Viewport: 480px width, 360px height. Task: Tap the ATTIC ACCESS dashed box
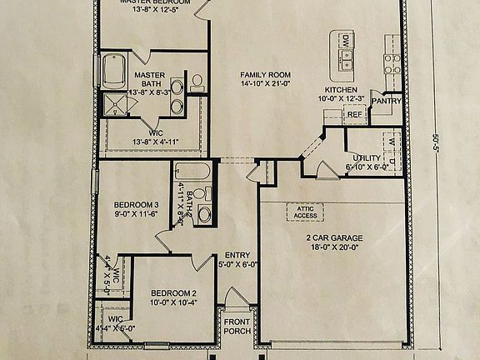[x=305, y=212]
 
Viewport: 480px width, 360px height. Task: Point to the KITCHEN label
[x=342, y=89]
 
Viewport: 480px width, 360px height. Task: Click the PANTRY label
[x=387, y=102]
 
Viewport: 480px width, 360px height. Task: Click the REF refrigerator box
[x=355, y=114]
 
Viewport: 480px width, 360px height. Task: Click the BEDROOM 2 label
[x=173, y=293]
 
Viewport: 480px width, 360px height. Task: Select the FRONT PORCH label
[x=236, y=327]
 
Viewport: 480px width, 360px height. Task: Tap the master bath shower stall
[x=112, y=103]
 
